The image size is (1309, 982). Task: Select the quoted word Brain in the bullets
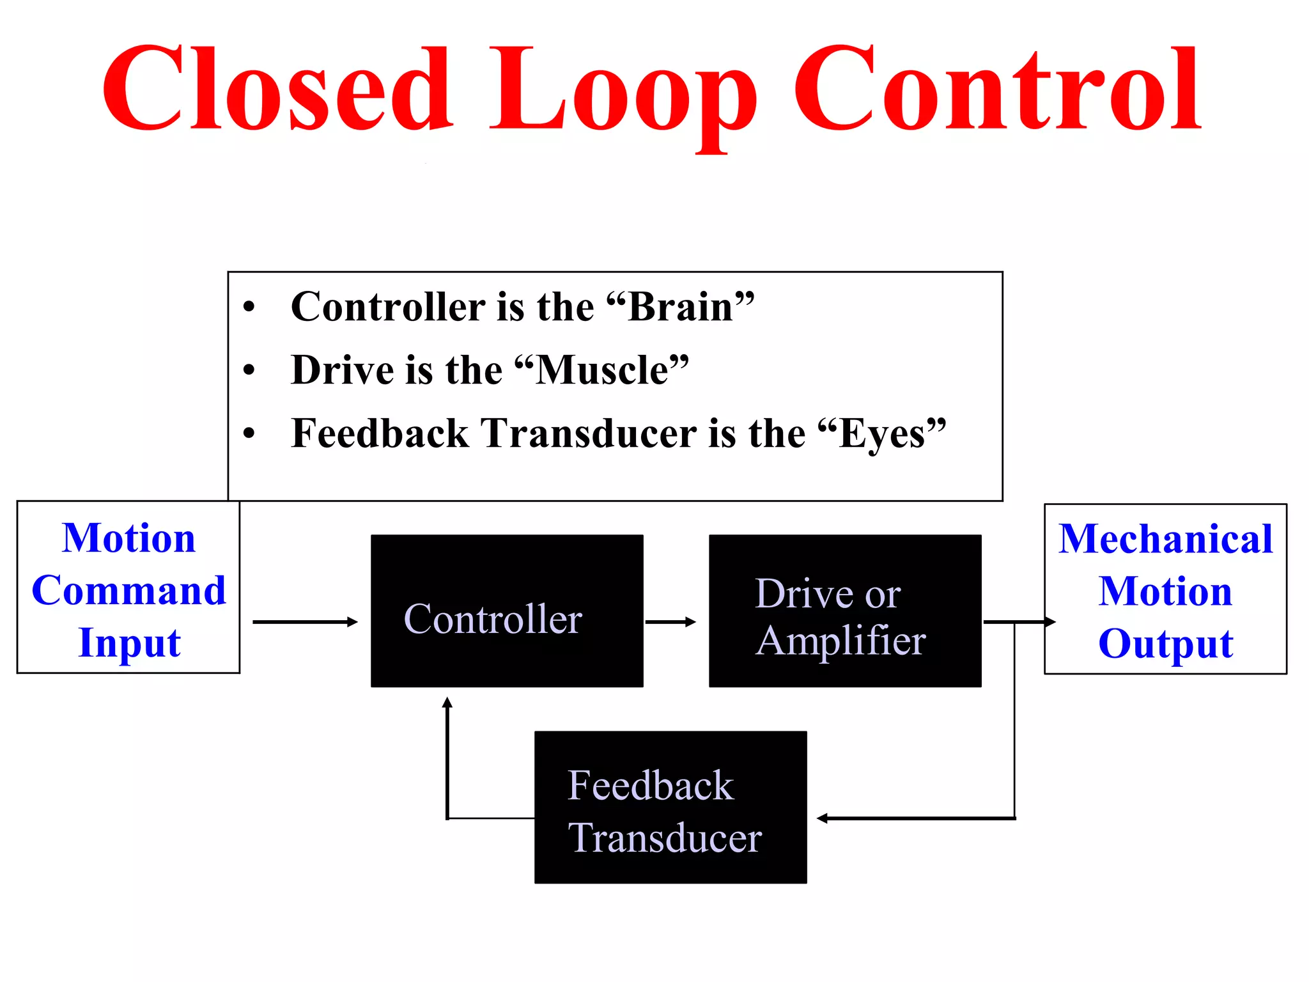tap(680, 307)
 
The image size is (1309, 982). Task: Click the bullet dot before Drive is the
tap(249, 370)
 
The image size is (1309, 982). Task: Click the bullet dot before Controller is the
tap(249, 307)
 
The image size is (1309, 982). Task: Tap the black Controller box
tap(507, 611)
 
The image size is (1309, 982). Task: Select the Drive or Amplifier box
tap(845, 611)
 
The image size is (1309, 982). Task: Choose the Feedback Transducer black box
tap(670, 807)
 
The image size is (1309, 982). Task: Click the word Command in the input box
tap(128, 590)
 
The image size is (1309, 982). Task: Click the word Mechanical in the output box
tap(1165, 538)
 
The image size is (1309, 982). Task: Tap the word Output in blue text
tap(1165, 643)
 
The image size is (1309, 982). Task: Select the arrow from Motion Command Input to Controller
tap(305, 621)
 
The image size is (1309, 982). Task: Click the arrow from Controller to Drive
tap(670, 621)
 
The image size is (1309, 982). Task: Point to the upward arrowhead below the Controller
tap(447, 703)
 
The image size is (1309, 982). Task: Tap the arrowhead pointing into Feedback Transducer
tap(823, 818)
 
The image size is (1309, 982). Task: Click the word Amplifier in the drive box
tap(840, 641)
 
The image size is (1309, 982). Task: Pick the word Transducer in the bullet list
tap(588, 434)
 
